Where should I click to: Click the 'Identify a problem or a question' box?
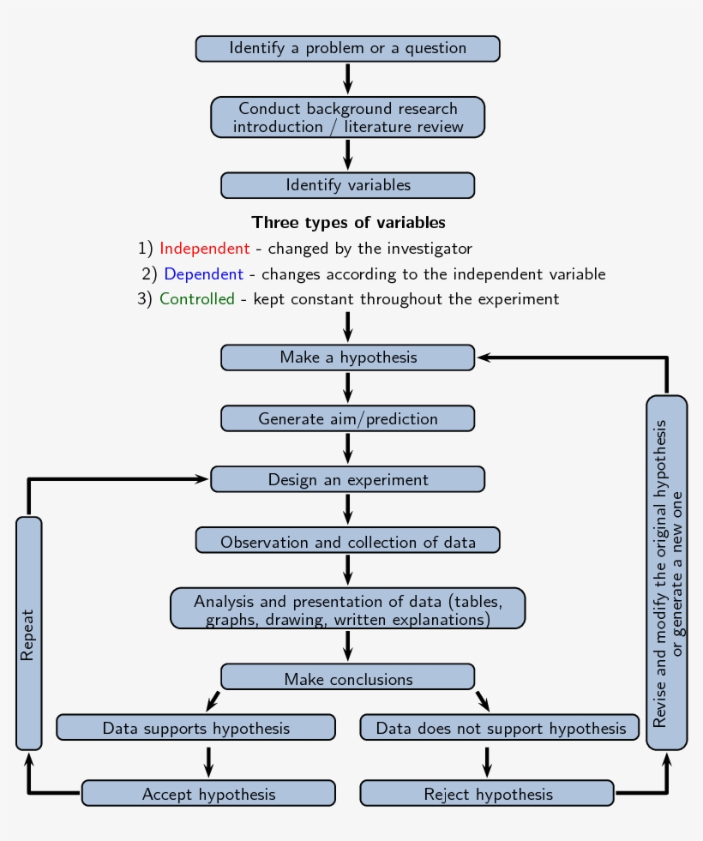click(347, 49)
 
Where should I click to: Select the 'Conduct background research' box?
click(347, 117)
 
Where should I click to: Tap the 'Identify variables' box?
click(347, 185)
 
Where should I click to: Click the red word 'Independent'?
click(204, 249)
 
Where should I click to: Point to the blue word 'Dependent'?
click(203, 274)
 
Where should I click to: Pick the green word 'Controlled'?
click(196, 299)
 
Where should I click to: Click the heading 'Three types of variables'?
click(348, 222)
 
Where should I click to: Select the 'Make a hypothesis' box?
click(347, 357)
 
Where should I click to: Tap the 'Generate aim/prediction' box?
click(347, 418)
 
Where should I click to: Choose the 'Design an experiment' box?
click(347, 479)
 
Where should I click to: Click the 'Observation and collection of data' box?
click(347, 541)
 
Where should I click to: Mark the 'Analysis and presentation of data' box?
click(347, 609)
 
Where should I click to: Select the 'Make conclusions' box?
click(347, 678)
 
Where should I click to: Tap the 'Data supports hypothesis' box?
click(195, 728)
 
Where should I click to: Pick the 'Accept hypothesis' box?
click(208, 794)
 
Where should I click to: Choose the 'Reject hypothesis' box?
click(487, 794)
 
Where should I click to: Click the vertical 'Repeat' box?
click(28, 634)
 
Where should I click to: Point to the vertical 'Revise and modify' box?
click(666, 573)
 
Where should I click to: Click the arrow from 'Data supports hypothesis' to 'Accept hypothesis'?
click(208, 760)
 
